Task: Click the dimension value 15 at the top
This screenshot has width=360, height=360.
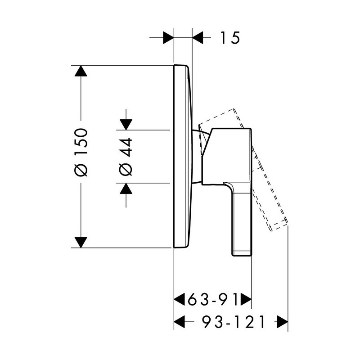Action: click(230, 38)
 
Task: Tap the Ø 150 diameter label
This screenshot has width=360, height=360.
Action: click(81, 153)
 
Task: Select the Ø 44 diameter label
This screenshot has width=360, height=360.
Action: click(126, 157)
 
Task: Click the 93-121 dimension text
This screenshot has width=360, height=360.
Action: click(234, 321)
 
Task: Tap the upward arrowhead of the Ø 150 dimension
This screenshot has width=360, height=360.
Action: click(81, 71)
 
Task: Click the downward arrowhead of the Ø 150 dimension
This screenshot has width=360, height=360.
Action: click(81, 243)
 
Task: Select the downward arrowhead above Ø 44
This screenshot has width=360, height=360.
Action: click(126, 125)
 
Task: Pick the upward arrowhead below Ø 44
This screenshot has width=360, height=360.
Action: click(126, 189)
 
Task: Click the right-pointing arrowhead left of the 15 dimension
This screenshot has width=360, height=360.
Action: click(168, 37)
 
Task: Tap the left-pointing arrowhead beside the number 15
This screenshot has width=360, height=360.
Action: click(198, 37)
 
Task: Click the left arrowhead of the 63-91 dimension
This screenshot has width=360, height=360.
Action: click(179, 299)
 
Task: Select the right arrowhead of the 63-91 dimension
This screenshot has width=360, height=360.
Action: click(246, 299)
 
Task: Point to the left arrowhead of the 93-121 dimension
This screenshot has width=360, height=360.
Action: click(179, 321)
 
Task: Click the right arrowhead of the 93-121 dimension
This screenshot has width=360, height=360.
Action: click(283, 321)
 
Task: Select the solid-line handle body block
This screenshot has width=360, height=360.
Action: click(227, 157)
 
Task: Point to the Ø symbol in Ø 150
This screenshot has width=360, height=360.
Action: click(81, 170)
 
